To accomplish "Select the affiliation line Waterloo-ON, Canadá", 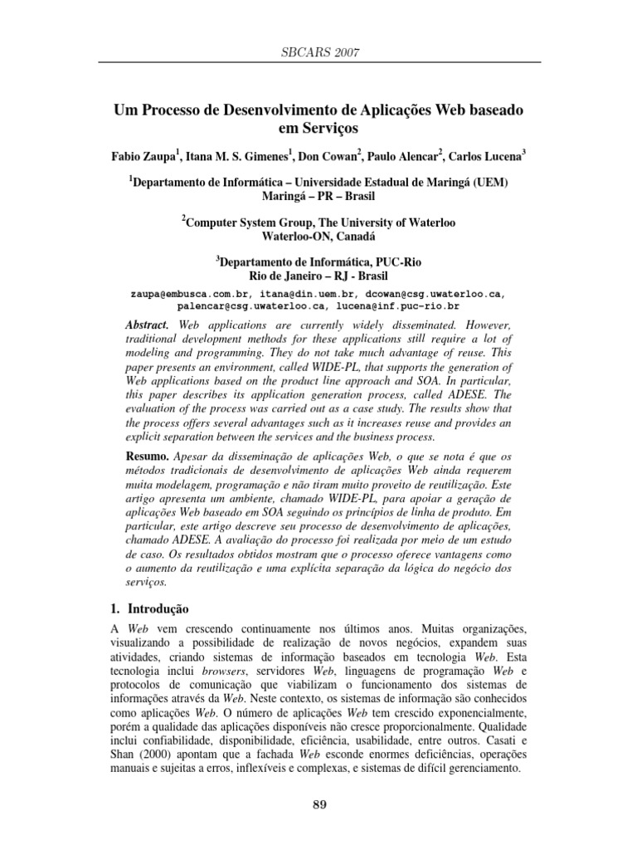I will pos(318,236).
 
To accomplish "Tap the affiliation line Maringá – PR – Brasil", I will pos(318,197).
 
